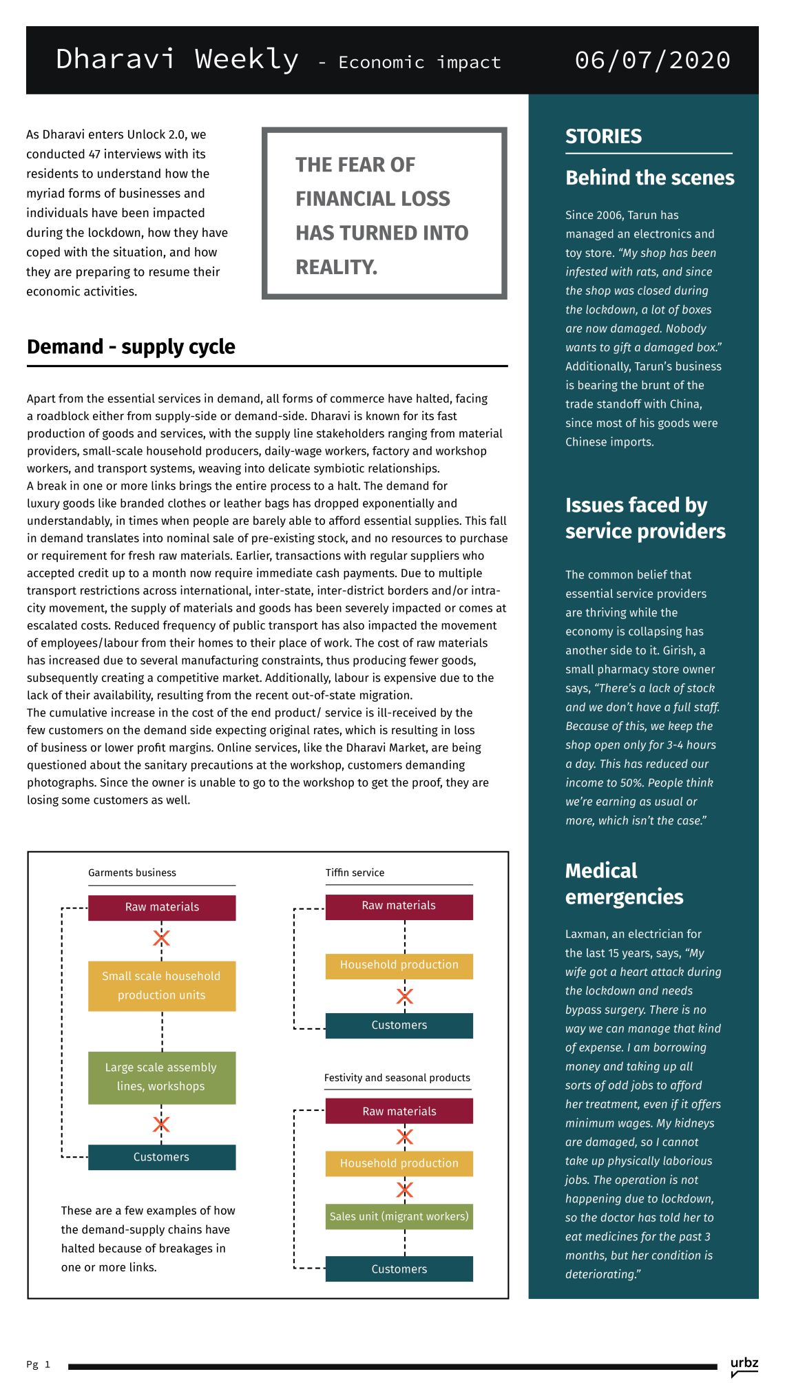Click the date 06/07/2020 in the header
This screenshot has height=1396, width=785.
652,61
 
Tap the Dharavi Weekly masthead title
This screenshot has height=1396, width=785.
177,60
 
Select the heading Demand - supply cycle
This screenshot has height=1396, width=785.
131,347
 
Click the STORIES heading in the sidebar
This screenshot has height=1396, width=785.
603,136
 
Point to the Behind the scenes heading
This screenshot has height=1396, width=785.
649,178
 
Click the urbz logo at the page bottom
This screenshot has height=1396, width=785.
744,1364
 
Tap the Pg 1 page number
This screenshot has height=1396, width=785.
38,1364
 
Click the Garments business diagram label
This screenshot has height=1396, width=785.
132,873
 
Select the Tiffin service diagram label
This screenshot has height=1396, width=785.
355,873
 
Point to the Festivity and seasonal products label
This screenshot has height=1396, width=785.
397,1078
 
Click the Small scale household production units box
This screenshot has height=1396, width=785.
162,986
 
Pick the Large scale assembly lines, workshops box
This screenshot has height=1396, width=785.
162,1077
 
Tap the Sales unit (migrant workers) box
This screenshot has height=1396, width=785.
399,1216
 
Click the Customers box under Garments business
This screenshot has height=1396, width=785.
162,1157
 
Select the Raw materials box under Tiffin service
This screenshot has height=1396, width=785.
399,906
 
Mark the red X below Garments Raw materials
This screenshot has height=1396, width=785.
162,938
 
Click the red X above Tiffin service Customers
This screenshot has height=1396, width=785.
405,996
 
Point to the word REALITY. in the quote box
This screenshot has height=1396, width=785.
337,267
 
